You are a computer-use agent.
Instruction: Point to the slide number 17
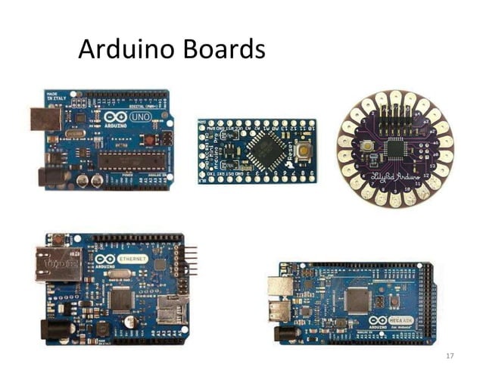[x=450, y=355]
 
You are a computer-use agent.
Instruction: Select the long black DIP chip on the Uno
[x=126, y=159]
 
